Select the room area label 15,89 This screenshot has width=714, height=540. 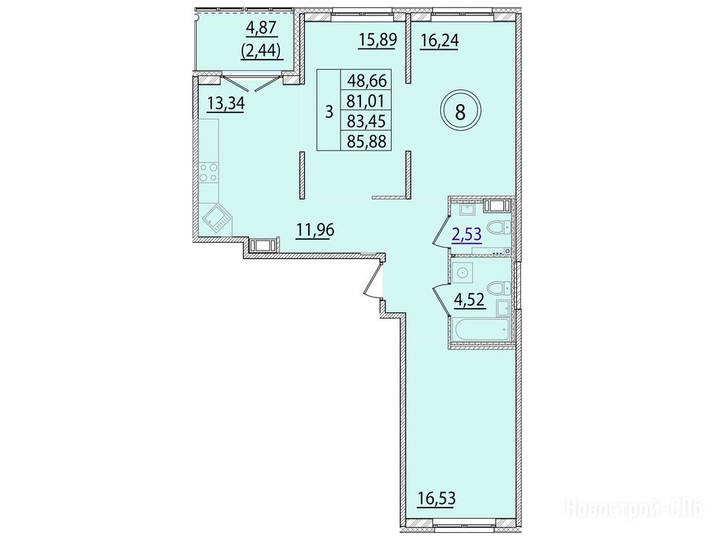tap(378, 39)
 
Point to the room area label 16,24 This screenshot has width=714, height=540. tap(439, 41)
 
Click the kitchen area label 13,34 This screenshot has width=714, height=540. tap(226, 103)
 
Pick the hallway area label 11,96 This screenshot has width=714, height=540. tap(315, 229)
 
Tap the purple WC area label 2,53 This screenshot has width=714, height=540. tap(466, 236)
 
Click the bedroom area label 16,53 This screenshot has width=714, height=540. tap(437, 499)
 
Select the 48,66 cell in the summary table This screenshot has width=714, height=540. tap(366, 81)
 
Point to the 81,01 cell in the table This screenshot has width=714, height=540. tap(366, 101)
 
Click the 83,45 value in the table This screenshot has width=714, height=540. tap(366, 121)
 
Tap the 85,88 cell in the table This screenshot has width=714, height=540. tap(366, 141)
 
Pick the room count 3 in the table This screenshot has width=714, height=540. tap(329, 111)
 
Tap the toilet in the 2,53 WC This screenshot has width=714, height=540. tap(498, 226)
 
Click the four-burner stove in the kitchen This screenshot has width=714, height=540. tap(209, 172)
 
